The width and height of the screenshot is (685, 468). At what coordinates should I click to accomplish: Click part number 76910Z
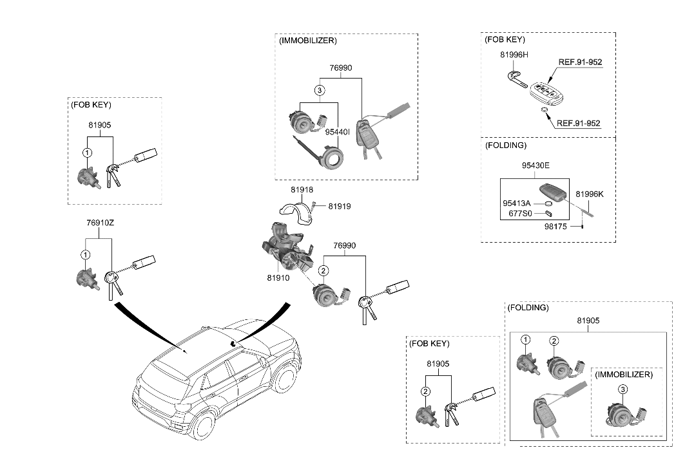(100, 223)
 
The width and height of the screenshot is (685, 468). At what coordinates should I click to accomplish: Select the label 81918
(301, 190)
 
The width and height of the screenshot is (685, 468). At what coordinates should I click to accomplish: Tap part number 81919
(339, 207)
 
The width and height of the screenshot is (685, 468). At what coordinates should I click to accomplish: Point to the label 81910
(278, 278)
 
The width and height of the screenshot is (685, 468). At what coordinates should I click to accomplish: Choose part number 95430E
(535, 165)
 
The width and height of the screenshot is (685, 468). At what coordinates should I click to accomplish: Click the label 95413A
(517, 203)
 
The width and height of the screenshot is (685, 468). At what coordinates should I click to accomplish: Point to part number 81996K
(589, 193)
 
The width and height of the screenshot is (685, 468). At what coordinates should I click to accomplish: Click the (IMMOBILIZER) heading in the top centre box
(308, 41)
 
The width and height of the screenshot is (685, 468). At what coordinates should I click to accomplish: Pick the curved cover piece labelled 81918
(295, 211)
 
